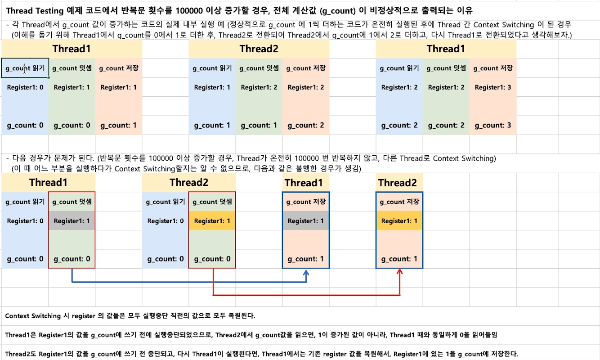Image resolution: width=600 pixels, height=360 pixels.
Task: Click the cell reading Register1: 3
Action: [493, 88]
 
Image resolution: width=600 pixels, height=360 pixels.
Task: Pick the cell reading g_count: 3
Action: [493, 126]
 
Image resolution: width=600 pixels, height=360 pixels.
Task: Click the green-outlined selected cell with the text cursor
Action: [25, 68]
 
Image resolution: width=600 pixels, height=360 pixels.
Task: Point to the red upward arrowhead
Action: [399, 271]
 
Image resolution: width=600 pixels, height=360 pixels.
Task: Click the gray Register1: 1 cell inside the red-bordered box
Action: [72, 221]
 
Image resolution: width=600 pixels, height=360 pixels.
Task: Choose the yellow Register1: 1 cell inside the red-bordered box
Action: [212, 221]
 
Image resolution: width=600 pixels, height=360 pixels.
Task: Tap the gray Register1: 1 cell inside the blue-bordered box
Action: [306, 221]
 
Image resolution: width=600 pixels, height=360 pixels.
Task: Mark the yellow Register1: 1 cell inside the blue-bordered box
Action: [399, 221]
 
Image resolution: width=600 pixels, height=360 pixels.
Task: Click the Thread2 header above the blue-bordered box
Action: [398, 183]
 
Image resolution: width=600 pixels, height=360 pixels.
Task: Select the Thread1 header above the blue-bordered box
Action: [304, 183]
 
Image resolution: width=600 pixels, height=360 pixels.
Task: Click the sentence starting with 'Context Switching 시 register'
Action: [130, 316]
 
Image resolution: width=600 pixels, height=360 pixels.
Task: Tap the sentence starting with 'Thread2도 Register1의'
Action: [261, 354]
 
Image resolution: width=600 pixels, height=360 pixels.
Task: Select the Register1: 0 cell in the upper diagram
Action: [25, 88]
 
